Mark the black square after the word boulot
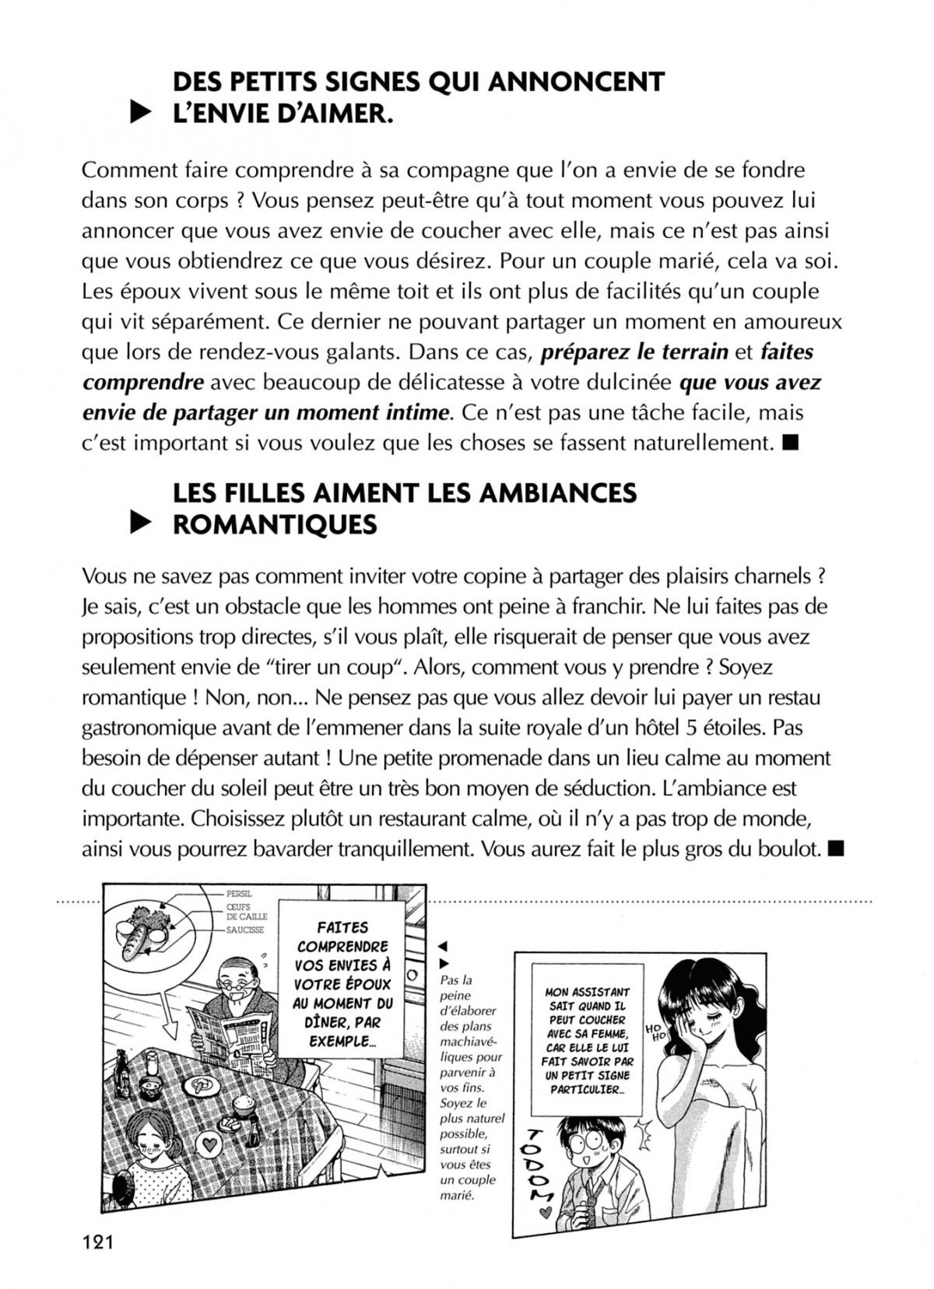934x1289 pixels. pos(837,849)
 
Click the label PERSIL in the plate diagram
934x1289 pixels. pos(239,894)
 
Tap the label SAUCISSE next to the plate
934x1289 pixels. pos(244,930)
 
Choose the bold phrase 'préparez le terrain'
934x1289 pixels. pos(634,352)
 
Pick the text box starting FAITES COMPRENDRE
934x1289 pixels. pos(343,983)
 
